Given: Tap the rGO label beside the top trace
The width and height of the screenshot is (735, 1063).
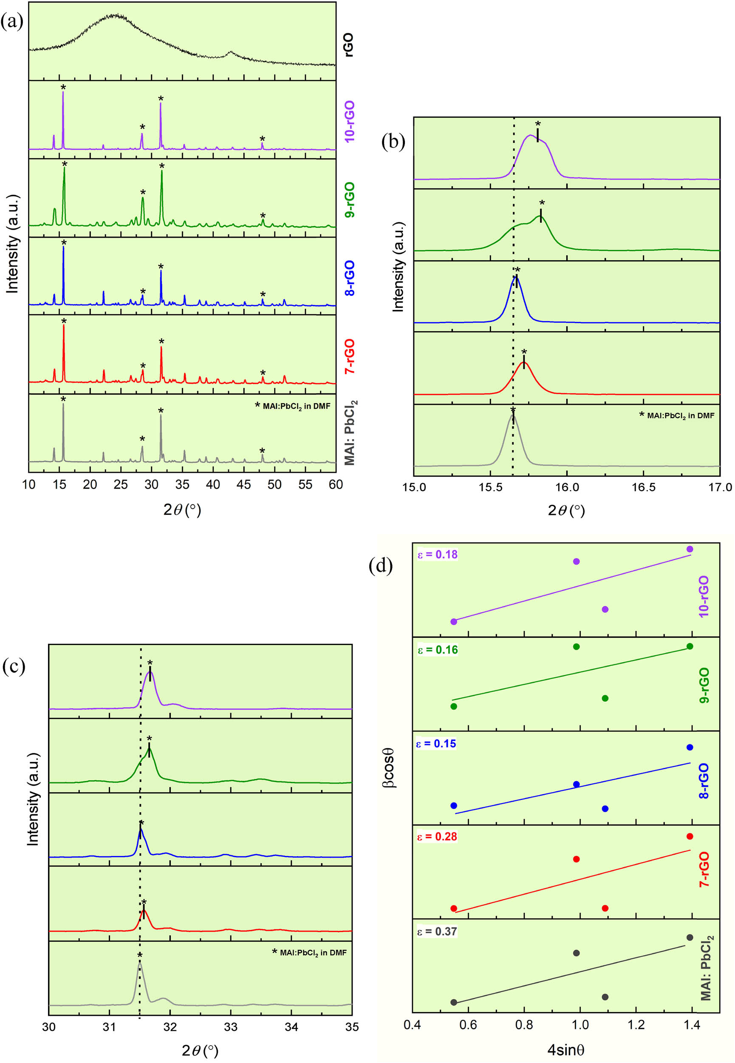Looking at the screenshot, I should pos(349,45).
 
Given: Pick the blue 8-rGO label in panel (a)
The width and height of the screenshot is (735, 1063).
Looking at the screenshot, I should pos(350,277).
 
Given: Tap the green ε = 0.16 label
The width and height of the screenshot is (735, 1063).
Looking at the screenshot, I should pos(437,650).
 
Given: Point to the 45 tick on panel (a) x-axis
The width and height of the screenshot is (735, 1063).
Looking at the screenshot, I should pos(243,484).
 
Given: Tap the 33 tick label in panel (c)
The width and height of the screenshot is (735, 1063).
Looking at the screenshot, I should pos(230,1026).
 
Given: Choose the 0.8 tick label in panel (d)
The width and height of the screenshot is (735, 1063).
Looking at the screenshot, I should pos(524,1024).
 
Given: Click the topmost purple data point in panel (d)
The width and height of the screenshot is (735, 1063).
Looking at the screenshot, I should pos(690,549).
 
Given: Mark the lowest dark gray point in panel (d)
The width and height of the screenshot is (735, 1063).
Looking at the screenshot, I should pos(454,1002).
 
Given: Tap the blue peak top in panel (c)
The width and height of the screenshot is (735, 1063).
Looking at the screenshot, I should pos(141,830).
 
